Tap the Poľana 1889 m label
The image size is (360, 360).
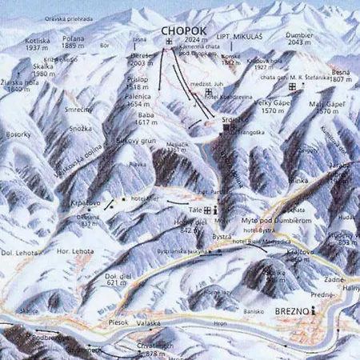(73, 41)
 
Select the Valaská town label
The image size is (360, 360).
(149, 322)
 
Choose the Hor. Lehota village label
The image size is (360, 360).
(78, 251)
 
